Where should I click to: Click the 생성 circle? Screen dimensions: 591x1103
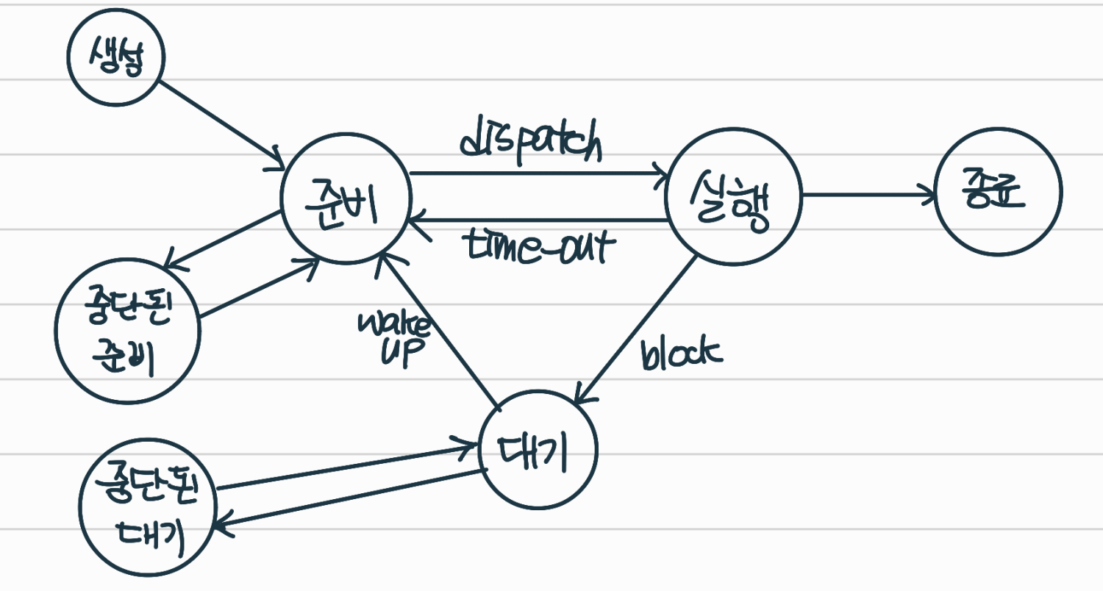coord(115,59)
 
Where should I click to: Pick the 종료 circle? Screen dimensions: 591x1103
coord(998,193)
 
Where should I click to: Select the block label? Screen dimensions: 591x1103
coord(680,354)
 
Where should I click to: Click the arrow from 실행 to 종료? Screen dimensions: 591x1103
coord(868,196)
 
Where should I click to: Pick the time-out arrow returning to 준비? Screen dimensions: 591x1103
coord(537,220)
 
